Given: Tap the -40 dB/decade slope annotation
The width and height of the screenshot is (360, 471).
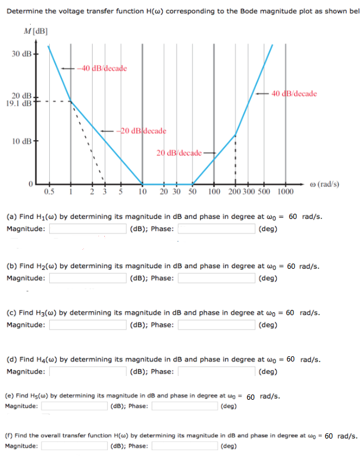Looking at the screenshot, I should (x=104, y=68).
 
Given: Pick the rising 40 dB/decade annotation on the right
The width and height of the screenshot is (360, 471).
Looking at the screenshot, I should (x=293, y=93).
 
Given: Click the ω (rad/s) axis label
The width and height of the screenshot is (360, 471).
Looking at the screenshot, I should (x=325, y=184).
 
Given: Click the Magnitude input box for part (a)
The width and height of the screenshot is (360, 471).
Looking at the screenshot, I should (x=89, y=228).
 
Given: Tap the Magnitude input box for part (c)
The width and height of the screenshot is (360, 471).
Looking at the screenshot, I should (x=89, y=324).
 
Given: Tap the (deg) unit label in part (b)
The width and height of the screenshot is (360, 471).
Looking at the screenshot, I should (x=268, y=278).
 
